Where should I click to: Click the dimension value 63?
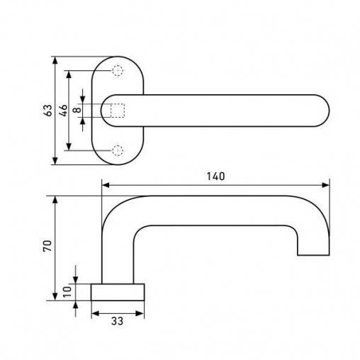point(48,111)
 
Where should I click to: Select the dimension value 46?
point(63,111)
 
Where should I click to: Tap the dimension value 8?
point(77,110)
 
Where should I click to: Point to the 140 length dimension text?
point(215,176)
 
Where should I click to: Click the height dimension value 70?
point(47,246)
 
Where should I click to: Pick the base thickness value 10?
point(67,292)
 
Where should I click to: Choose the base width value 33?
point(118,321)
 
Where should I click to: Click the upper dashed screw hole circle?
point(118,70)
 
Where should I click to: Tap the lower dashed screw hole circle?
point(118,150)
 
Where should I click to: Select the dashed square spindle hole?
point(118,111)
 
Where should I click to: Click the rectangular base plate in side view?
point(118,292)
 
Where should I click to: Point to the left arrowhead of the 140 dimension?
point(106,185)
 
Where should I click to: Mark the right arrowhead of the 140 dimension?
point(325,185)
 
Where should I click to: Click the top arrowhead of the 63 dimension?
point(55,60)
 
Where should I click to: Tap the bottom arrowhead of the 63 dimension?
point(55,161)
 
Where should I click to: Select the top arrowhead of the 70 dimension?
point(55,200)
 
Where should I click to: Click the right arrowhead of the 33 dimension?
point(140,313)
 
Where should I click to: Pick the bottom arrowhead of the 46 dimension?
point(69,147)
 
